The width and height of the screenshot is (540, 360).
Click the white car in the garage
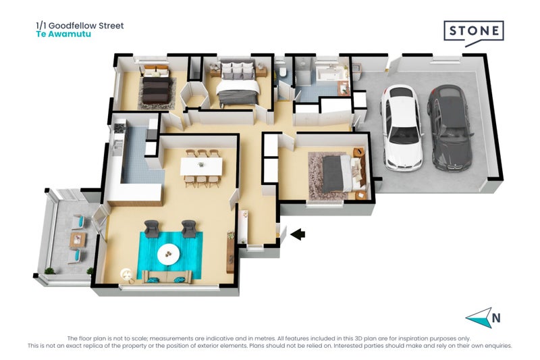(401, 128)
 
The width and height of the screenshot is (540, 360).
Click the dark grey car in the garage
(449, 128)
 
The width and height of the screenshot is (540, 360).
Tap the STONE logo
(474, 32)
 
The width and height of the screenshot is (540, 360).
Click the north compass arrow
(479, 318)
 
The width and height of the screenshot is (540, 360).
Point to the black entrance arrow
(298, 234)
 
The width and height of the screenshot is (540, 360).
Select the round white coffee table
(168, 255)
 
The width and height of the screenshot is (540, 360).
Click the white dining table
(201, 166)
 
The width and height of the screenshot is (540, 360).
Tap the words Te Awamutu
(63, 34)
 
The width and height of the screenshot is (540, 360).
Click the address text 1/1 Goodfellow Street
(80, 26)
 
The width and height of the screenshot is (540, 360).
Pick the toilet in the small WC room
(283, 72)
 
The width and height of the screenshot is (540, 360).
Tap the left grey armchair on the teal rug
(151, 229)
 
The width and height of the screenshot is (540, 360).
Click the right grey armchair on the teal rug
(188, 229)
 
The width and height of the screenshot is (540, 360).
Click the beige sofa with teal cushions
(167, 278)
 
